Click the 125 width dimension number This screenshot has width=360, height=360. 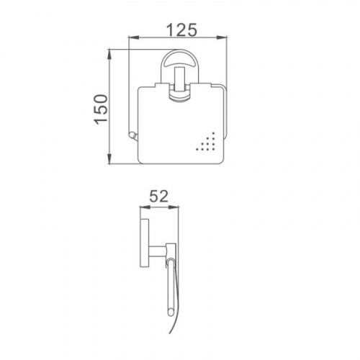coord(181,30)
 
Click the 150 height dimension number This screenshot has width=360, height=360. coord(101,110)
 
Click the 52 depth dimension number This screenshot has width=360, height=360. coord(158,197)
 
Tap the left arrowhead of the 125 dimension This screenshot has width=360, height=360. coord(134,37)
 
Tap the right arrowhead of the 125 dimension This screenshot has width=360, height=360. coord(222,37)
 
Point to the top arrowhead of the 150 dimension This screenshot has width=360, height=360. coord(109,55)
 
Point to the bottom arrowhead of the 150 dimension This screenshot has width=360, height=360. coord(109,159)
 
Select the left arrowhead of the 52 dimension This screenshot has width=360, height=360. coord(145,207)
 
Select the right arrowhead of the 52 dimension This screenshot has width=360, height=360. coord(174,207)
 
